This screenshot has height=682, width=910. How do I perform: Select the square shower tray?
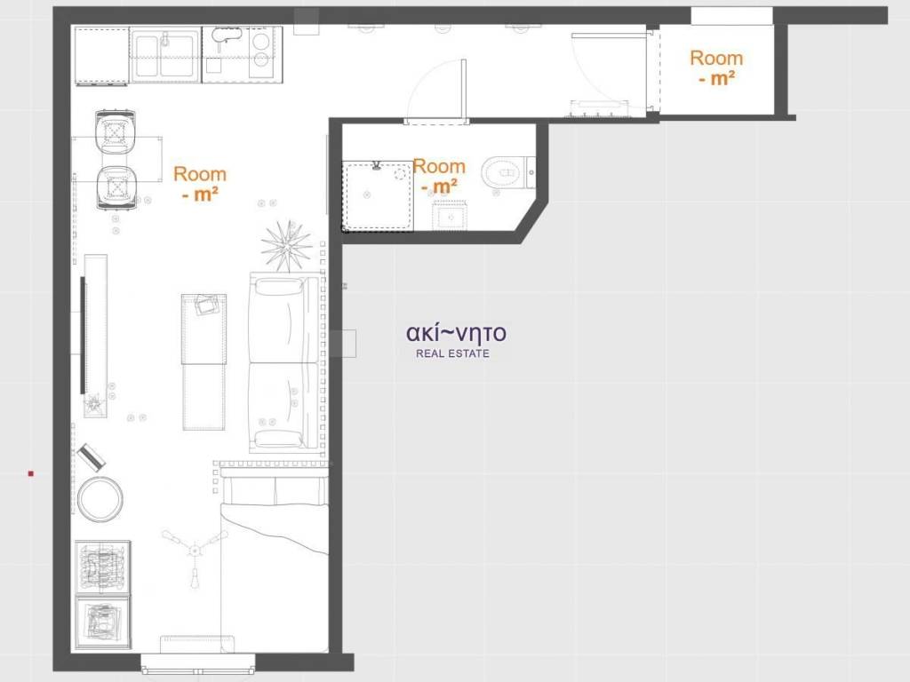378,196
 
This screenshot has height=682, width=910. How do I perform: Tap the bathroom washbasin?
451,216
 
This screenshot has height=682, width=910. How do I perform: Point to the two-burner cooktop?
261,51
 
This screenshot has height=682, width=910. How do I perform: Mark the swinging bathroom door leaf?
463,91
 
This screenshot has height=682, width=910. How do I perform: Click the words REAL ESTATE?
452,353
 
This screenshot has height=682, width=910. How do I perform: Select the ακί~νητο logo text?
456,333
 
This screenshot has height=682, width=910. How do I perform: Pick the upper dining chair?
116,131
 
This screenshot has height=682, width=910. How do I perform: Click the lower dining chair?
116,186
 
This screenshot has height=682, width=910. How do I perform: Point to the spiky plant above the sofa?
286,246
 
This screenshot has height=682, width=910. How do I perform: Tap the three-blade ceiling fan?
195,551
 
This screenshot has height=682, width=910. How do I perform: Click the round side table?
100,499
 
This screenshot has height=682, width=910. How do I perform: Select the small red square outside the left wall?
31,474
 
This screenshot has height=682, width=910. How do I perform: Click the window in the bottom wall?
198,663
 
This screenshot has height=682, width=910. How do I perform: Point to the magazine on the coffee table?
206,305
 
